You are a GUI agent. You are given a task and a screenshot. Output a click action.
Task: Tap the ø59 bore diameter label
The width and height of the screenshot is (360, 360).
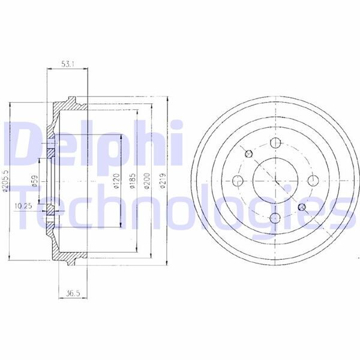click(x=35, y=181)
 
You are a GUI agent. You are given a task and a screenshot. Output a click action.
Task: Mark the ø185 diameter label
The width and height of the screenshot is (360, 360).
click(x=132, y=181)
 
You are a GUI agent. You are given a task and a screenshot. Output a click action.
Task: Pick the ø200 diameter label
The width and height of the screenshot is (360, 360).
click(x=146, y=181)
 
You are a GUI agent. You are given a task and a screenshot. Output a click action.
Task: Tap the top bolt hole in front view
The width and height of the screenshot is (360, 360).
click(x=275, y=143)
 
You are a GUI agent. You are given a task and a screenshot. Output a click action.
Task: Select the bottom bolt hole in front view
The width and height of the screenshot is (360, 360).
click(x=275, y=217)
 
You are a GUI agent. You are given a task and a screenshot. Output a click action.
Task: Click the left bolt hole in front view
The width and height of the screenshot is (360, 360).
click(x=238, y=180)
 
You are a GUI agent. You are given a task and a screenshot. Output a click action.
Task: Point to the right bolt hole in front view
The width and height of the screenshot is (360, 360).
click(x=312, y=180)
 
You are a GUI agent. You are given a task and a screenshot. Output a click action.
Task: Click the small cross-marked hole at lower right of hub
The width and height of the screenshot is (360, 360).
click(x=302, y=207)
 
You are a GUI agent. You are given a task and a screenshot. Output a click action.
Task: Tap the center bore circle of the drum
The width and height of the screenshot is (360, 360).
click(x=275, y=180)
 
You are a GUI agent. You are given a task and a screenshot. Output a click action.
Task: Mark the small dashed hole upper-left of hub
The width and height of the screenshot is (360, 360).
click(x=248, y=153)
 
